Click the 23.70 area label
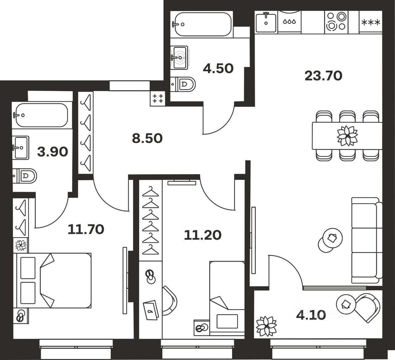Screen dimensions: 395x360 (x=323, y=76)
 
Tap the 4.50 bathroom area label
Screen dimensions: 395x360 (x=218, y=69)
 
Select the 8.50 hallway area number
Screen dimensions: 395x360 (x=147, y=139)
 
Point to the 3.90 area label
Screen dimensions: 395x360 (x=52, y=152)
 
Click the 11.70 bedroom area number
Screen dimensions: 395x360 (x=86, y=230)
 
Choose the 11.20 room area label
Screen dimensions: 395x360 (x=203, y=235)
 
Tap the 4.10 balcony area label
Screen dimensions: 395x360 (x=311, y=315)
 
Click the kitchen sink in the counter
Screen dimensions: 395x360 (x=266, y=22)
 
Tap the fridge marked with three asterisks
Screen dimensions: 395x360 (x=371, y=22)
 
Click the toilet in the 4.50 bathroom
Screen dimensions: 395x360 (x=183, y=84)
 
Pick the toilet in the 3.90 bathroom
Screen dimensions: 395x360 (x=25, y=176)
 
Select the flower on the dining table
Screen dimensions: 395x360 (x=347, y=136)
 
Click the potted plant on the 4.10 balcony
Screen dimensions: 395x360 (x=266, y=326)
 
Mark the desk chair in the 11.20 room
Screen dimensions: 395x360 (x=170, y=300)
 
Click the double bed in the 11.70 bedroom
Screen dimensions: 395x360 (x=52, y=280)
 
